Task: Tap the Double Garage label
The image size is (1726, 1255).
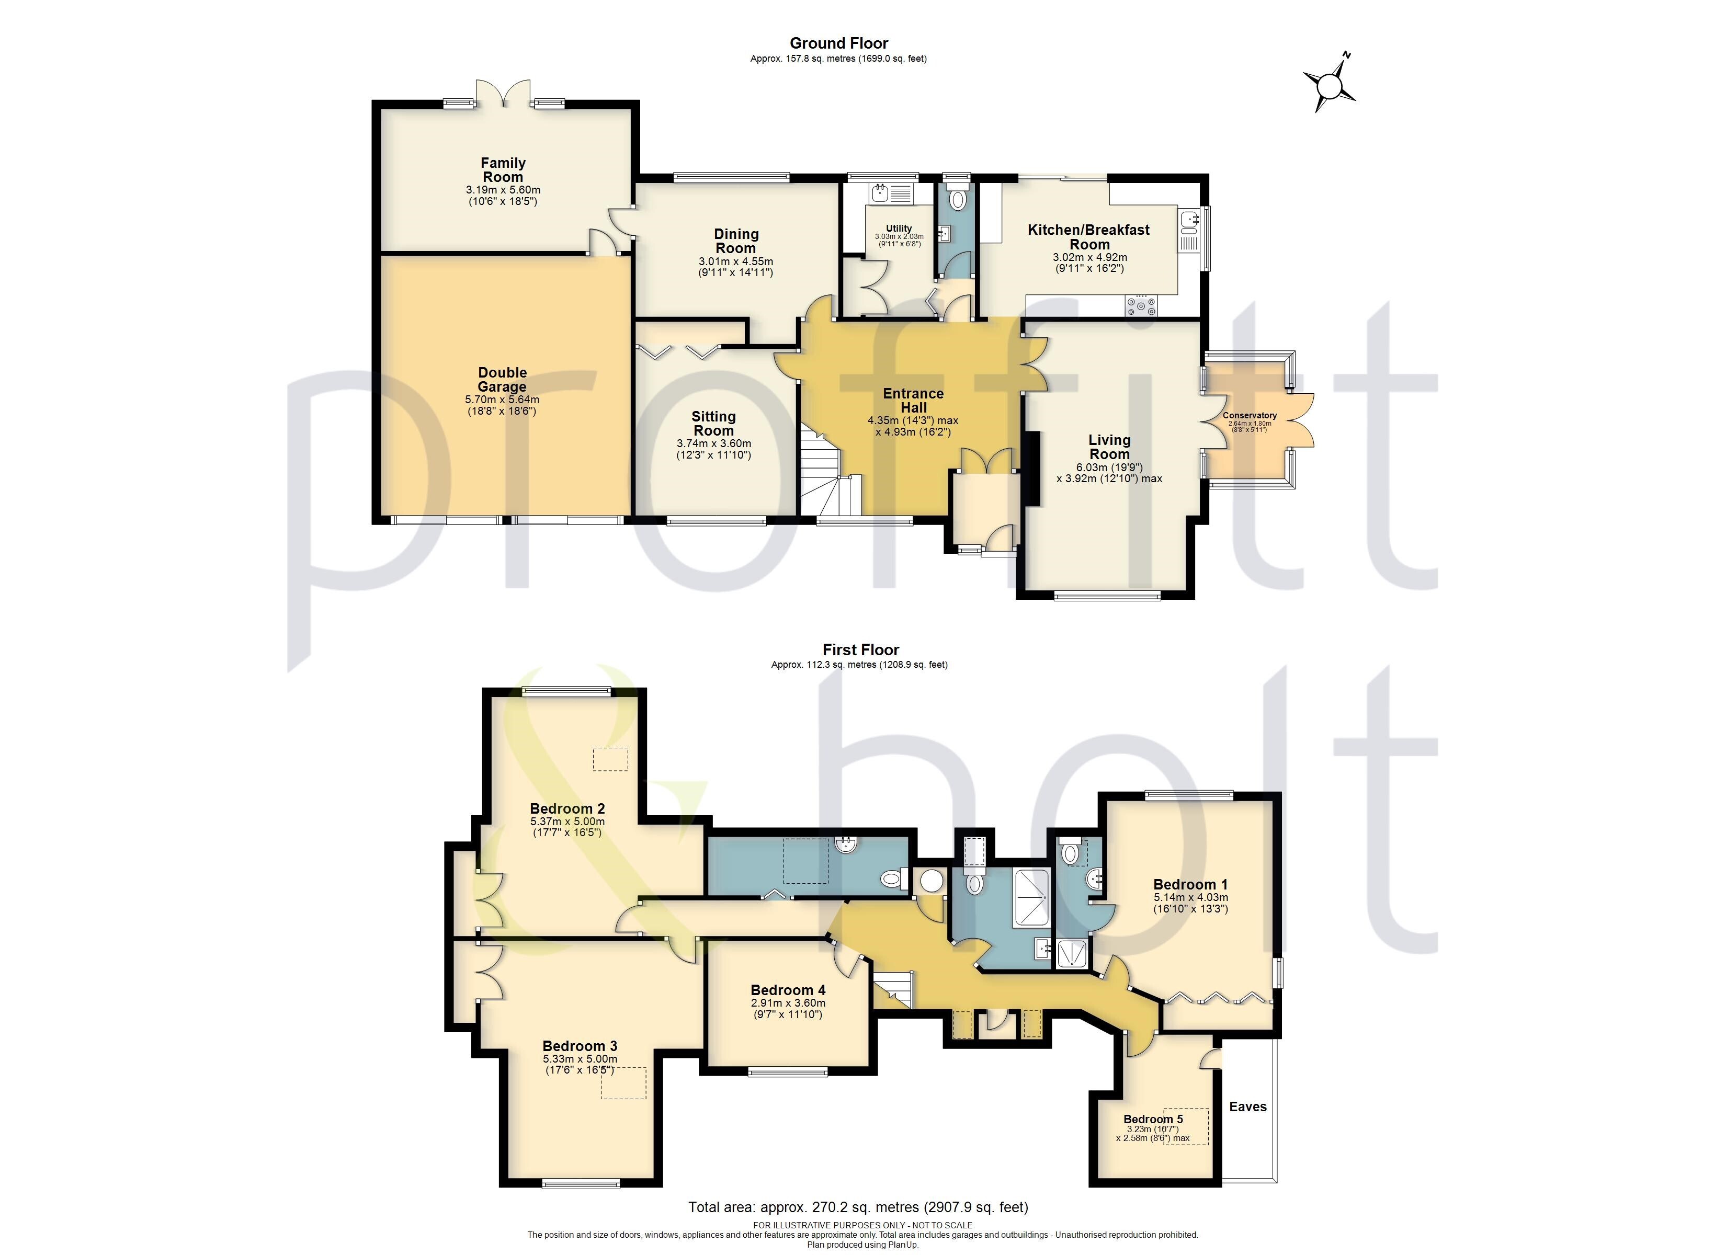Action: (502, 379)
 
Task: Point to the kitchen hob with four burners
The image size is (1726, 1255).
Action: (1141, 306)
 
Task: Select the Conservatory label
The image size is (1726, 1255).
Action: (1250, 416)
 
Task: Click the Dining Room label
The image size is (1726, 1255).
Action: (736, 241)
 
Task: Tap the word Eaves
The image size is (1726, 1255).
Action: (1247, 1106)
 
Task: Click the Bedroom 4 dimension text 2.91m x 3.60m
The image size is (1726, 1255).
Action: (788, 1003)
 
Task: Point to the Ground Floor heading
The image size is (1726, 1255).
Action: (838, 43)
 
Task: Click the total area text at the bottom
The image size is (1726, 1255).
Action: (858, 1207)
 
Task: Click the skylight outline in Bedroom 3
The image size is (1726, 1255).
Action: (623, 1083)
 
